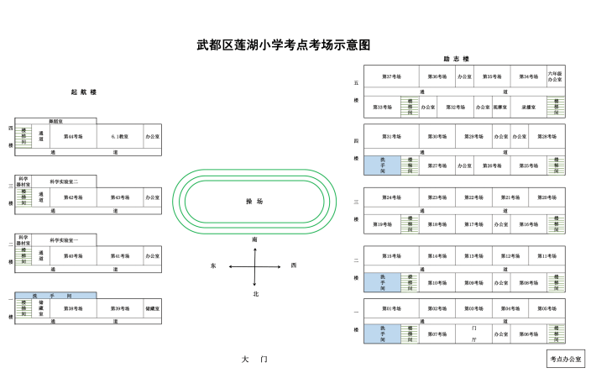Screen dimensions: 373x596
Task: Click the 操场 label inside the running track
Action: [x=254, y=202]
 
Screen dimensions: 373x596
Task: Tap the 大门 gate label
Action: [x=254, y=359]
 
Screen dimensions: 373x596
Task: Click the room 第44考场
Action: [x=74, y=135]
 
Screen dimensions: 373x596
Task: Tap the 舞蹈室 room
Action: [x=55, y=121]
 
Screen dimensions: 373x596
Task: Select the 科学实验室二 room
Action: [x=65, y=181]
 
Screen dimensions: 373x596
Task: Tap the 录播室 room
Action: [x=528, y=108]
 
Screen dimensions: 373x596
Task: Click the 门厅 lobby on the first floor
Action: [x=474, y=334]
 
